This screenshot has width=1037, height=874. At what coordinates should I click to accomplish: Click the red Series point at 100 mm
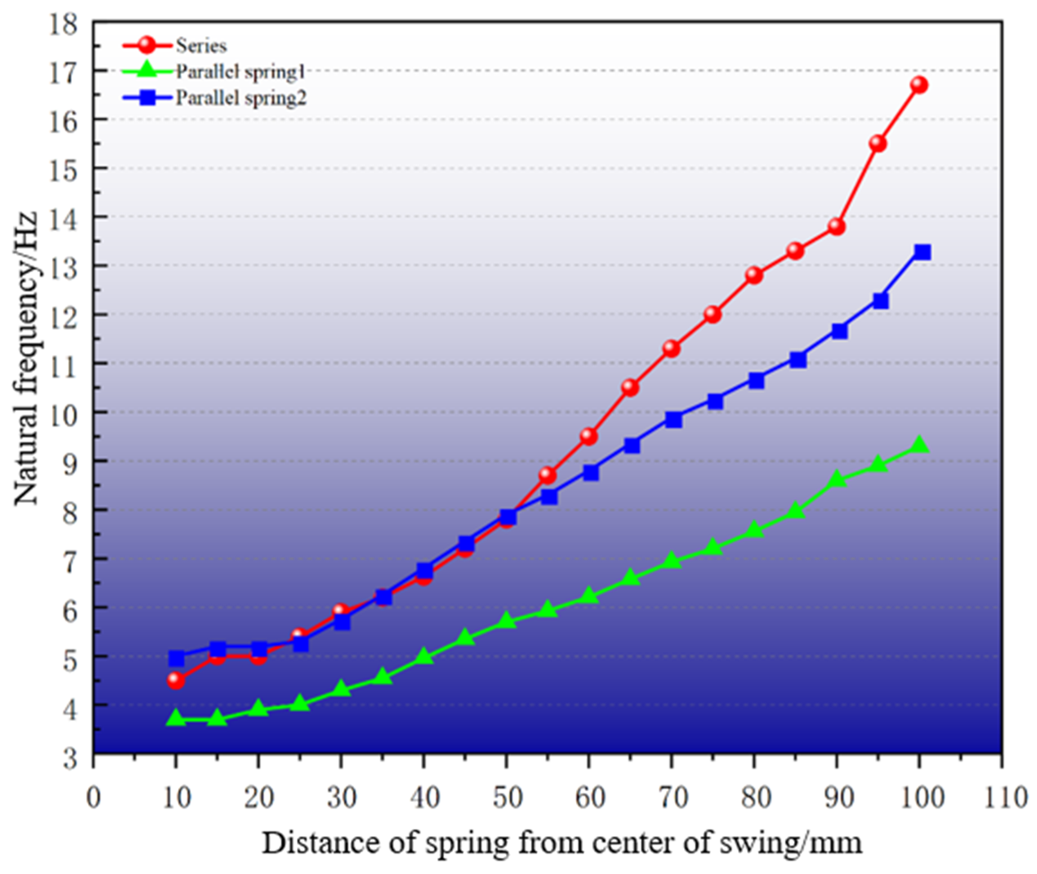pos(919,85)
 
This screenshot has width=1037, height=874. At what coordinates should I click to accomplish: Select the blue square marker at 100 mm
pos(922,252)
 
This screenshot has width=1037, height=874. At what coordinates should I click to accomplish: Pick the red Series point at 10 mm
pos(176,680)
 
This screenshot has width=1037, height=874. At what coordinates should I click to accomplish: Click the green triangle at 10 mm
pos(176,718)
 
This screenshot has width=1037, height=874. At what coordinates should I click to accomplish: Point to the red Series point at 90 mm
pos(837,227)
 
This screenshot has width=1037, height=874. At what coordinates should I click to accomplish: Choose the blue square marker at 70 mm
pos(673,420)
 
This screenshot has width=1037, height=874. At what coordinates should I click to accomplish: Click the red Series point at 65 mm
pos(631,387)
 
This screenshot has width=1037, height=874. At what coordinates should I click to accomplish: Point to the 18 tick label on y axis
pos(64,23)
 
